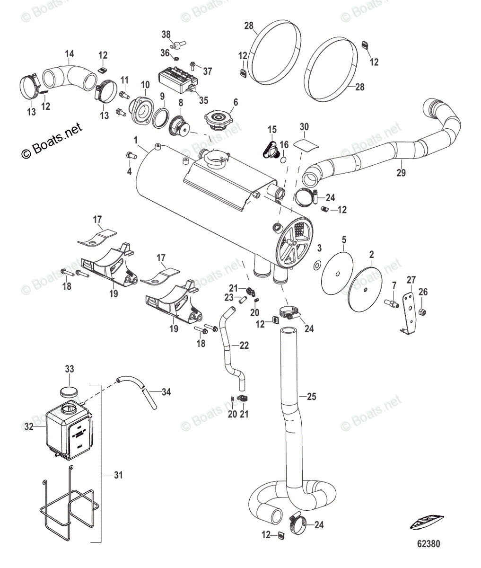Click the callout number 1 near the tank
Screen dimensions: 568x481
point(136,141)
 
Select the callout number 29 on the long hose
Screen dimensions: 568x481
point(401,173)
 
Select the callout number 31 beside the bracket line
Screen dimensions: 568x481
point(118,475)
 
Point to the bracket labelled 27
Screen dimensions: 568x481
point(409,312)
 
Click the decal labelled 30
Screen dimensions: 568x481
point(304,143)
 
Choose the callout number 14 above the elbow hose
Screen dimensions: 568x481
point(69,54)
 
